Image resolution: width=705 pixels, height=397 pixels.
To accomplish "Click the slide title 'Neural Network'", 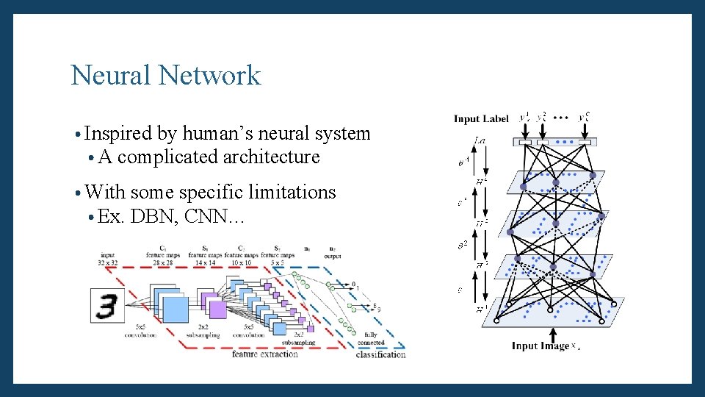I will (165, 75).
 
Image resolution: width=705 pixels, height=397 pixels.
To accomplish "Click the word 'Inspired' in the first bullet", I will (118, 133).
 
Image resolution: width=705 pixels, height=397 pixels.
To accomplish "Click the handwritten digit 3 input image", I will (107, 304).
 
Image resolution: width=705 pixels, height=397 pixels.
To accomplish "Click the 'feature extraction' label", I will (265, 354).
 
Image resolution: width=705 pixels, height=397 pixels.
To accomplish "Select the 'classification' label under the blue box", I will (380, 354).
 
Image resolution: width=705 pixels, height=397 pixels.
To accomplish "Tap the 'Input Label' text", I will (481, 118).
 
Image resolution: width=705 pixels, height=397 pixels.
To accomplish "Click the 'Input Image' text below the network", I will (540, 346).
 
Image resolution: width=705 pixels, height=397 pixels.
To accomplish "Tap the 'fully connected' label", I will (371, 339).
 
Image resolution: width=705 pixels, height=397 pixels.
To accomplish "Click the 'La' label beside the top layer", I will (480, 139).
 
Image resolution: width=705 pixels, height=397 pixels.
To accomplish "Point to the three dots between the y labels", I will (562, 117).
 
